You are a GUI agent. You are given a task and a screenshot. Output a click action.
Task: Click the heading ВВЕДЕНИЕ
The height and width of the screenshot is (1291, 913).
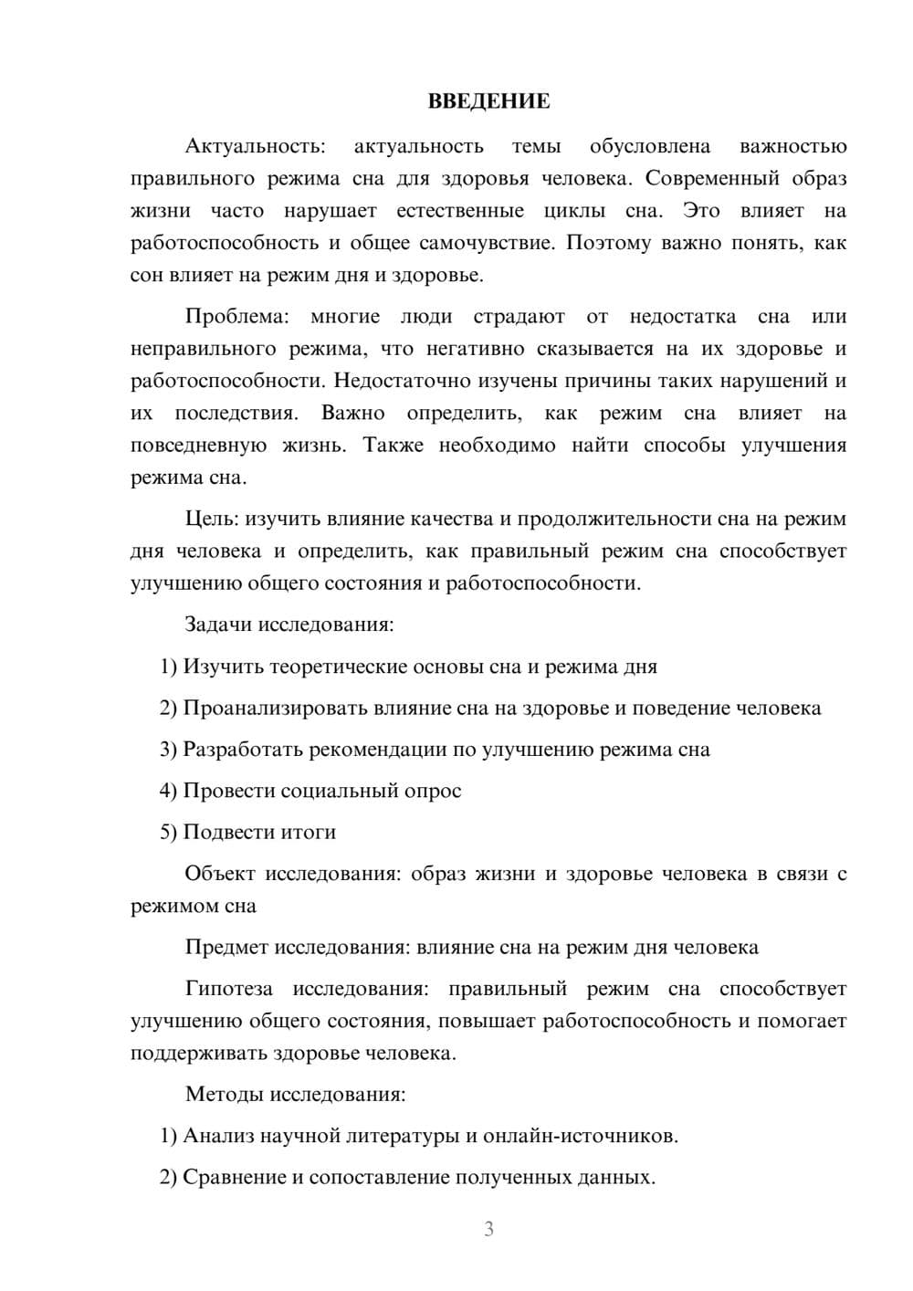click(x=488, y=101)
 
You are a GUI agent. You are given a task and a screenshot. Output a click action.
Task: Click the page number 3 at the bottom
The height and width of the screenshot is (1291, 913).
click(x=488, y=1229)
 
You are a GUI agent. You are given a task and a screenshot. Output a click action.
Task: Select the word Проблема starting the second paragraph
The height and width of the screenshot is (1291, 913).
click(x=236, y=317)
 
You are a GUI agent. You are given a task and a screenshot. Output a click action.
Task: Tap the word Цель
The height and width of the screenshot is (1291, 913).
click(x=211, y=520)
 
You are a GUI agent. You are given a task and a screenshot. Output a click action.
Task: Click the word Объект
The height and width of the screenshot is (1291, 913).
click(x=220, y=874)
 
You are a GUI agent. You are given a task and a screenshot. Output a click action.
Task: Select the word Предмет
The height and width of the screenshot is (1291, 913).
click(x=226, y=947)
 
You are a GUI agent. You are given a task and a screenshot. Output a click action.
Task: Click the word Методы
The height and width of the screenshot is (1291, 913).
click(x=219, y=1094)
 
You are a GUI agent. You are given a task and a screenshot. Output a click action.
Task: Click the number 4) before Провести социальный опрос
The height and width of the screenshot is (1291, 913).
click(x=168, y=791)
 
